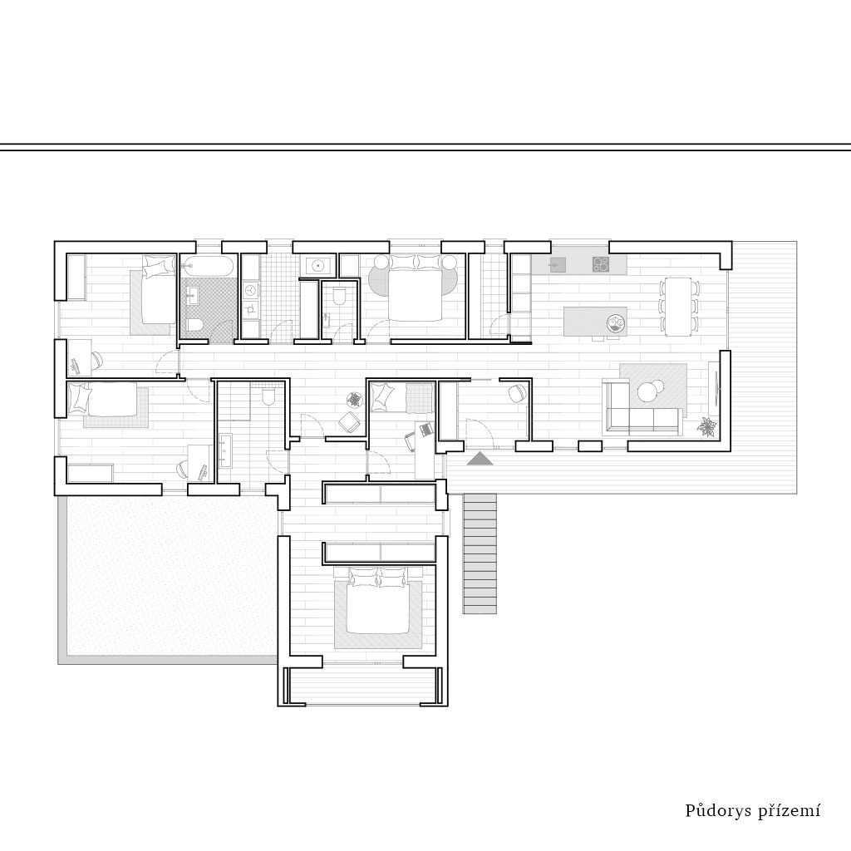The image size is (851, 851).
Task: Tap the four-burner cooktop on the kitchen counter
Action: (601, 263)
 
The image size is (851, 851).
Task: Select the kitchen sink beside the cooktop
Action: (556, 264)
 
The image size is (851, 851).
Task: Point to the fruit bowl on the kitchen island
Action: (616, 324)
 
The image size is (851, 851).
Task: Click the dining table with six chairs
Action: (678, 307)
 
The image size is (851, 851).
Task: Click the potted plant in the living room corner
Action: (705, 426)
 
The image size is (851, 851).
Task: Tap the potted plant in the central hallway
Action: (354, 400)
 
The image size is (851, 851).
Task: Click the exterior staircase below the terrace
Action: (480, 553)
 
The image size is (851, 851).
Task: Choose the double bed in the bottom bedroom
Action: (378, 601)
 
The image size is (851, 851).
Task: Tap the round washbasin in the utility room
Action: (317, 266)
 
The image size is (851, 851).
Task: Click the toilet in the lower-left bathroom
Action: (268, 397)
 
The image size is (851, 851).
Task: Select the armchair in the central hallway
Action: (348, 422)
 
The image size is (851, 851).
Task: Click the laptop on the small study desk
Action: (425, 430)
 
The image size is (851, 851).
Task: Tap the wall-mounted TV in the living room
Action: (717, 389)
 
